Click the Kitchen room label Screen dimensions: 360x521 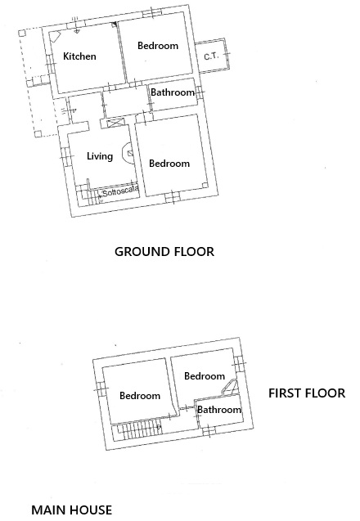click(x=79, y=56)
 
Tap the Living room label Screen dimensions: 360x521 click(x=100, y=156)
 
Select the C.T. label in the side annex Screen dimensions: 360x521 click(x=211, y=56)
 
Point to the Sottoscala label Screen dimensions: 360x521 click(x=120, y=191)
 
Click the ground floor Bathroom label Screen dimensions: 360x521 click(x=173, y=92)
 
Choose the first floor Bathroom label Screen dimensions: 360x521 click(x=219, y=409)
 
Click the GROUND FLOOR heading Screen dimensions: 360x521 click(x=164, y=252)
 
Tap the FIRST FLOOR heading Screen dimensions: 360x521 click(x=307, y=393)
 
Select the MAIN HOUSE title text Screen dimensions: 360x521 click(x=71, y=510)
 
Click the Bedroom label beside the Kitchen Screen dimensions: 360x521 click(x=158, y=46)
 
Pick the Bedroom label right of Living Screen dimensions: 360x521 click(x=169, y=164)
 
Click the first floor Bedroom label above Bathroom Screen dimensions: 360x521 click(x=205, y=376)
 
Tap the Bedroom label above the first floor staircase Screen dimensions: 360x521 click(x=140, y=396)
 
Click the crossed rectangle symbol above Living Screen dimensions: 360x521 click(x=115, y=123)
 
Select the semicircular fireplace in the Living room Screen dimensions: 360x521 click(x=128, y=153)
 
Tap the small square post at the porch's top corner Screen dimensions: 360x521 click(x=22, y=33)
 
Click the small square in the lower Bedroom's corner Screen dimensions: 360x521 click(x=205, y=186)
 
